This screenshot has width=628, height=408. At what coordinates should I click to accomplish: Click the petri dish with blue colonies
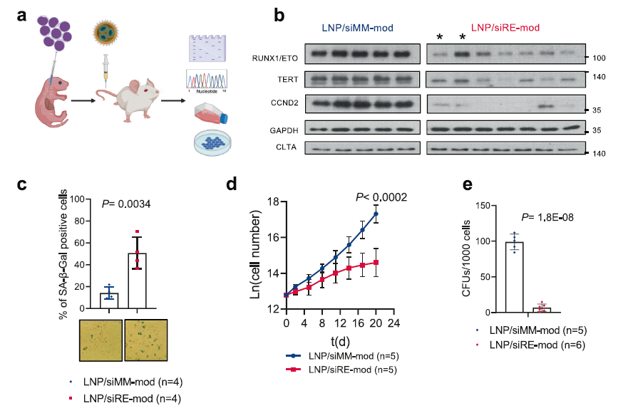click(x=212, y=142)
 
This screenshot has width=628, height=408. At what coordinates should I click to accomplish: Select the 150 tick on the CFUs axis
click(x=484, y=206)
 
